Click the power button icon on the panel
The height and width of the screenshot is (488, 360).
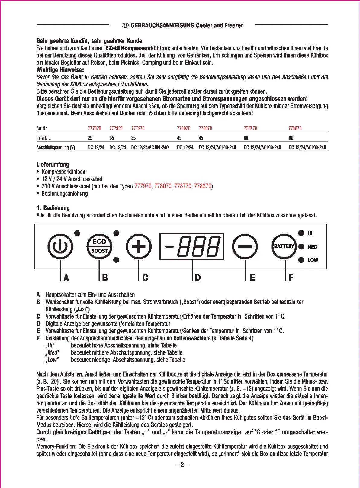click(60, 246)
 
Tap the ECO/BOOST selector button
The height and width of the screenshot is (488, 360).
click(99, 246)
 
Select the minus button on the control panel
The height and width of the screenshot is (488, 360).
click(245, 246)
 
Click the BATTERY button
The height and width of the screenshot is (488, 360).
click(284, 246)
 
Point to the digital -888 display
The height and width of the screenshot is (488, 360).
click(192, 246)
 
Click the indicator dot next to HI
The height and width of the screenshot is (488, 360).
click(301, 233)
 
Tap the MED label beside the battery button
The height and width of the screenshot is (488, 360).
click(312, 247)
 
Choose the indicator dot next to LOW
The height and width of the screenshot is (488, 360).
click(301, 260)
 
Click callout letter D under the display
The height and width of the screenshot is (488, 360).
click(198, 278)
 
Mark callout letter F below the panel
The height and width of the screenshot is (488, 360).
click(291, 278)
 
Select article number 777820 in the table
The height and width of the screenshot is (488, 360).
click(94, 128)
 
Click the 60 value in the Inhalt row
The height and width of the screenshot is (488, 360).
click(246, 138)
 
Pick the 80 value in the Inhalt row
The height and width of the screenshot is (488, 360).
click(291, 138)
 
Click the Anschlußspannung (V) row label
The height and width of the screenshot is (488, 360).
click(56, 148)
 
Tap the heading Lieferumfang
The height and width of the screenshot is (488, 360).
click(53, 165)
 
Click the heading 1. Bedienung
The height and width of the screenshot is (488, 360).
click(53, 208)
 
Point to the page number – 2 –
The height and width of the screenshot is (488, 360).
click(182, 465)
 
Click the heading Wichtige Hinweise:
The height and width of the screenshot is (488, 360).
click(60, 70)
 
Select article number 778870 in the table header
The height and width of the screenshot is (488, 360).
click(295, 128)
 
